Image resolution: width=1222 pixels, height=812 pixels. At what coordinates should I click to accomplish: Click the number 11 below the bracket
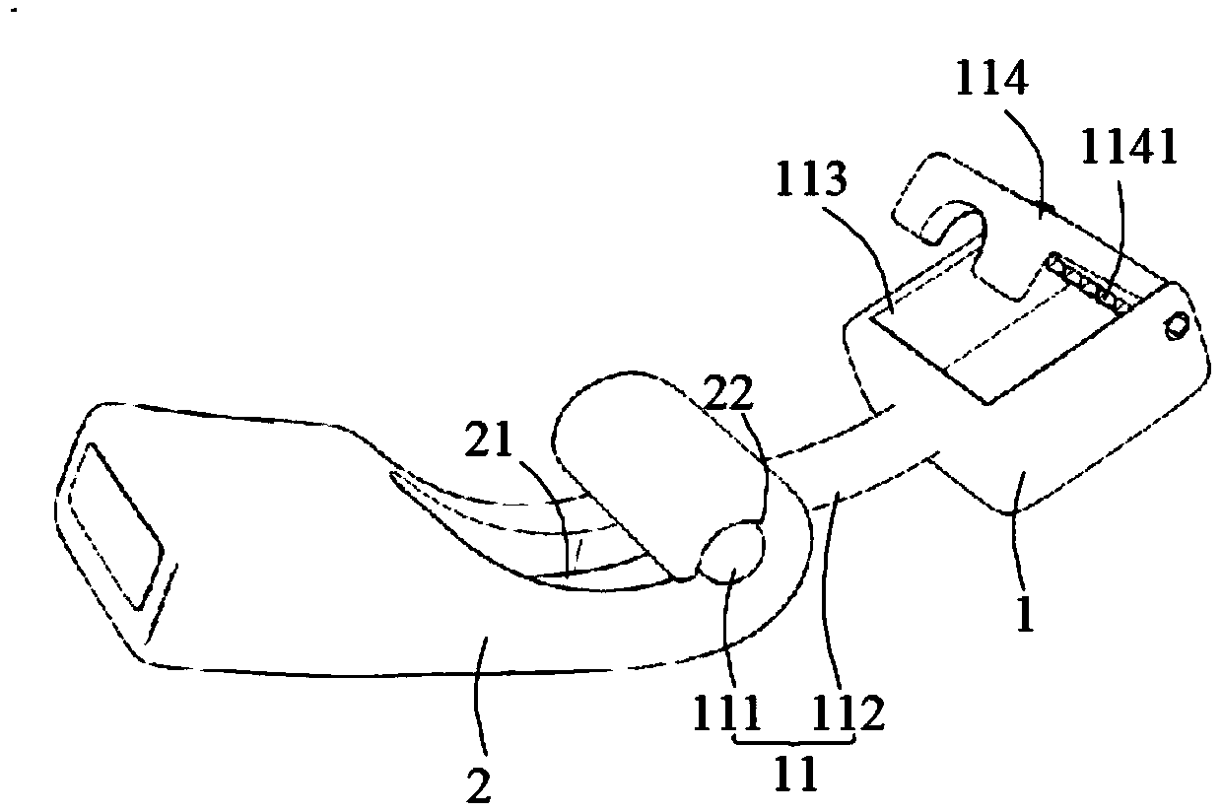click(x=794, y=775)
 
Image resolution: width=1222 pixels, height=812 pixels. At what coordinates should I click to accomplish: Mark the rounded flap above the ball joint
click(x=650, y=453)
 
